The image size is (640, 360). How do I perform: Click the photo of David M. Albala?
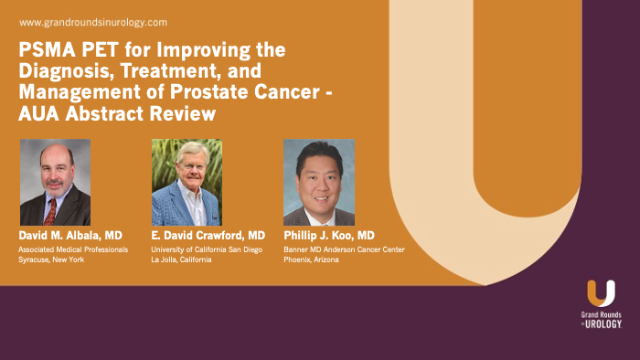(x=55, y=182)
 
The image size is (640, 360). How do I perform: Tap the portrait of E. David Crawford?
(x=187, y=182)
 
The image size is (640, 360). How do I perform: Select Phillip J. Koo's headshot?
(x=318, y=182)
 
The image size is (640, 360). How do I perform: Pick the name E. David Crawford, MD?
(x=208, y=236)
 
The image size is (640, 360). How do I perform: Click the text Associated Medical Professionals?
(x=73, y=249)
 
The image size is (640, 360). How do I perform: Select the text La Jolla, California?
(x=181, y=260)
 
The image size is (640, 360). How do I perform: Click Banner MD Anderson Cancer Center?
(x=344, y=249)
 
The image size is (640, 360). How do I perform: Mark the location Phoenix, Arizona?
(x=314, y=260)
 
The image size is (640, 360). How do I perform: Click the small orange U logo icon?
(x=601, y=293)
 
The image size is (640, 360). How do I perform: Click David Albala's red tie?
(x=50, y=212)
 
